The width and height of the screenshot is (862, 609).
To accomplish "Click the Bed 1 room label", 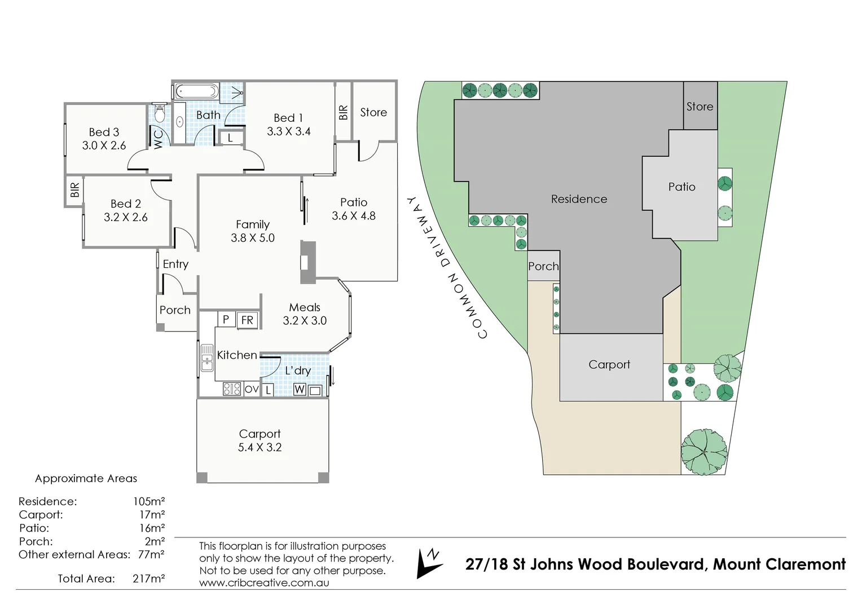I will [x=288, y=118].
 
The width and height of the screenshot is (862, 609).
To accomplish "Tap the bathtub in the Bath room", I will [x=195, y=91].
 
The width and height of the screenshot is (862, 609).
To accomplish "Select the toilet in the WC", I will [x=159, y=114].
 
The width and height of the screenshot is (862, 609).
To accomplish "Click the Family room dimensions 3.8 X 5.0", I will [x=252, y=238].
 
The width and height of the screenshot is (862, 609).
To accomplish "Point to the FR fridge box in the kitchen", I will [x=247, y=320].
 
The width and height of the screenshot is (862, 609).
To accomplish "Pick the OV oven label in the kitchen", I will [x=252, y=389].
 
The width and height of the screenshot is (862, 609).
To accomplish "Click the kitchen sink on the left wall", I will [x=206, y=358].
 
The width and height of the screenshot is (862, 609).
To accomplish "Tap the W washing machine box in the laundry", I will [x=300, y=390].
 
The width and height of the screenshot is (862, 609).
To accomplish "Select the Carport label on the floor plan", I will [x=260, y=434].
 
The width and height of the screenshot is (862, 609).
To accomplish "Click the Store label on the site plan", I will [x=700, y=107].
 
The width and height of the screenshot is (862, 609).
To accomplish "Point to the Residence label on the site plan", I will [x=579, y=199].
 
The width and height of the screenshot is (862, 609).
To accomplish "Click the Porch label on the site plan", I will [x=543, y=266].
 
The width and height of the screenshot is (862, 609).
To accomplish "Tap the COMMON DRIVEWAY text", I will [x=446, y=268].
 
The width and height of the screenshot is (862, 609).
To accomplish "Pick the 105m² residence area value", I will [x=148, y=501].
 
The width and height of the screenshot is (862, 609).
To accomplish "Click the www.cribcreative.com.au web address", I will [x=264, y=583].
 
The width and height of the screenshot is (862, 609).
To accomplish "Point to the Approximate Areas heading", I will [x=86, y=479].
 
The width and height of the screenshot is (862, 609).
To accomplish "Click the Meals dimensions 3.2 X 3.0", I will [x=305, y=320].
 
